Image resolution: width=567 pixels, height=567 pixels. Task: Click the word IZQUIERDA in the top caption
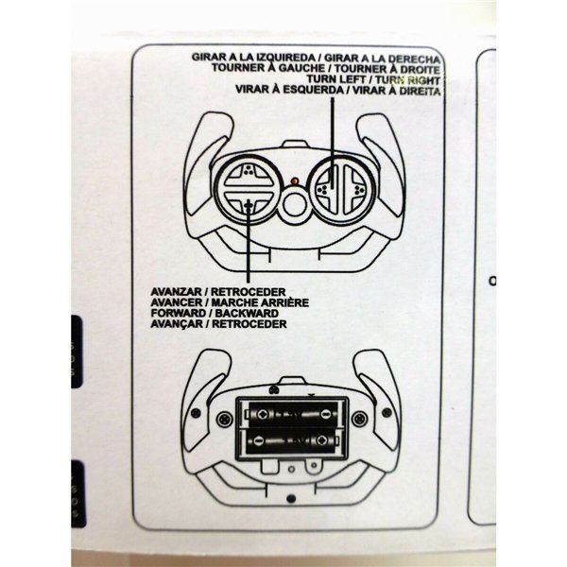pyautogui.click(x=277, y=59)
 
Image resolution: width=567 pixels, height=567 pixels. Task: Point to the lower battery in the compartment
pyautogui.click(x=293, y=440)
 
